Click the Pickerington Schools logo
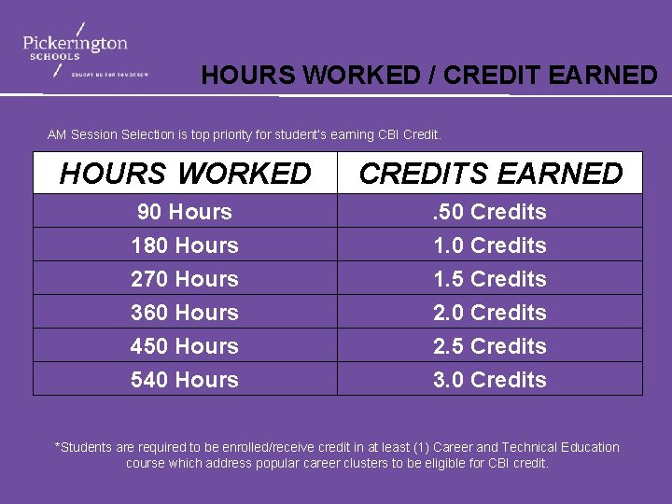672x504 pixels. click(77, 49)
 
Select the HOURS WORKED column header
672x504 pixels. click(185, 173)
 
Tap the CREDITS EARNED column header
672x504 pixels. click(490, 173)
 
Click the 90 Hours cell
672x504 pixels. click(185, 212)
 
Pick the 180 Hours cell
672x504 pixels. click(185, 245)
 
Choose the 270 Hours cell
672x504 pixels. click(185, 279)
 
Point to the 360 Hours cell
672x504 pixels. click(185, 313)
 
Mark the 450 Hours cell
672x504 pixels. click(185, 346)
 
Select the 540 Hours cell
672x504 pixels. click(185, 380)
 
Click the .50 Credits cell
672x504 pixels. click(490, 212)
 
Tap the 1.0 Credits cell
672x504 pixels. click(490, 245)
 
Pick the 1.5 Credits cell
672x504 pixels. click(490, 279)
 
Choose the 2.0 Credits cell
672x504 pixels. click(490, 313)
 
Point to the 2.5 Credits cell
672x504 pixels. click(490, 346)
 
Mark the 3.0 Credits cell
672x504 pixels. click(490, 380)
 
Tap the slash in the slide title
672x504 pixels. click(431, 76)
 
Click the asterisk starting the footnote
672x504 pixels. click(59, 446)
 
